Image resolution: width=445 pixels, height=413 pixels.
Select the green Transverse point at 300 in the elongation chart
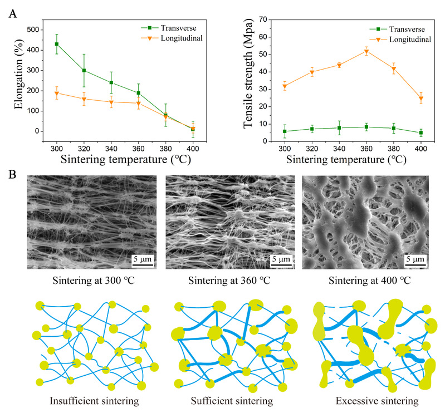pyautogui.click(x=57, y=44)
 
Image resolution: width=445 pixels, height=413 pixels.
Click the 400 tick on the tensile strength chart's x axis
pyautogui.click(x=421, y=150)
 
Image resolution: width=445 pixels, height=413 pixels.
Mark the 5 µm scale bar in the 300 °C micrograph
pyautogui.click(x=140, y=259)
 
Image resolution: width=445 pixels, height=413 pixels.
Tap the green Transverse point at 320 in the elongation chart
pyautogui.click(x=84, y=71)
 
